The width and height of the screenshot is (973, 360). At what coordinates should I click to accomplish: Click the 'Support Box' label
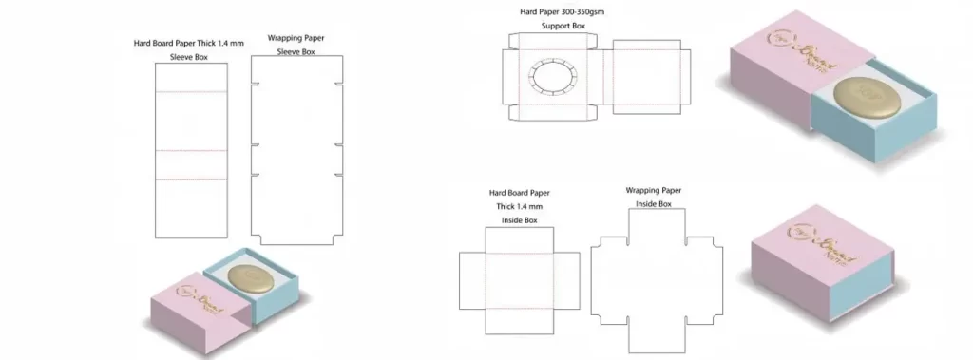click(x=563, y=26)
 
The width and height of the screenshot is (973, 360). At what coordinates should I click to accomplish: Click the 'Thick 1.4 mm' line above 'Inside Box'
click(x=518, y=206)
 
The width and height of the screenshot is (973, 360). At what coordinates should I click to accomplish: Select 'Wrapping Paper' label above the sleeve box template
click(x=294, y=38)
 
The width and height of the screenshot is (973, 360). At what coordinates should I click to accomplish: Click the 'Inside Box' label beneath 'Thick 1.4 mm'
click(x=519, y=220)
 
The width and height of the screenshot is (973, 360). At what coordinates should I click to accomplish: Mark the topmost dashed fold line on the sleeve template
click(x=191, y=92)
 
